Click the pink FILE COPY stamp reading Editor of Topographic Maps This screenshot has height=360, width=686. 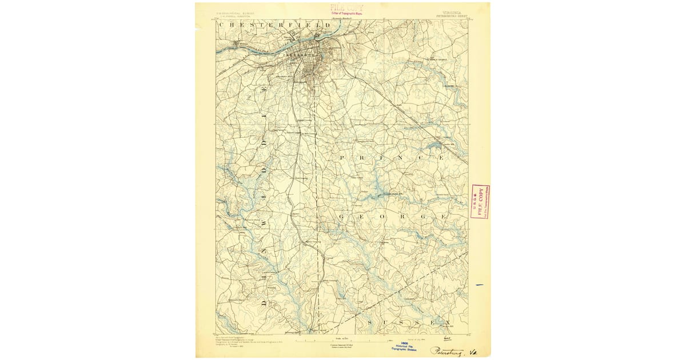tap(347, 9)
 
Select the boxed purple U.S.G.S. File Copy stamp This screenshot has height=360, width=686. tap(480, 201)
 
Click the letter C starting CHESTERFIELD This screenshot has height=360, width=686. tap(223, 25)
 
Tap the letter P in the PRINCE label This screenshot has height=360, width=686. tap(343, 157)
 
